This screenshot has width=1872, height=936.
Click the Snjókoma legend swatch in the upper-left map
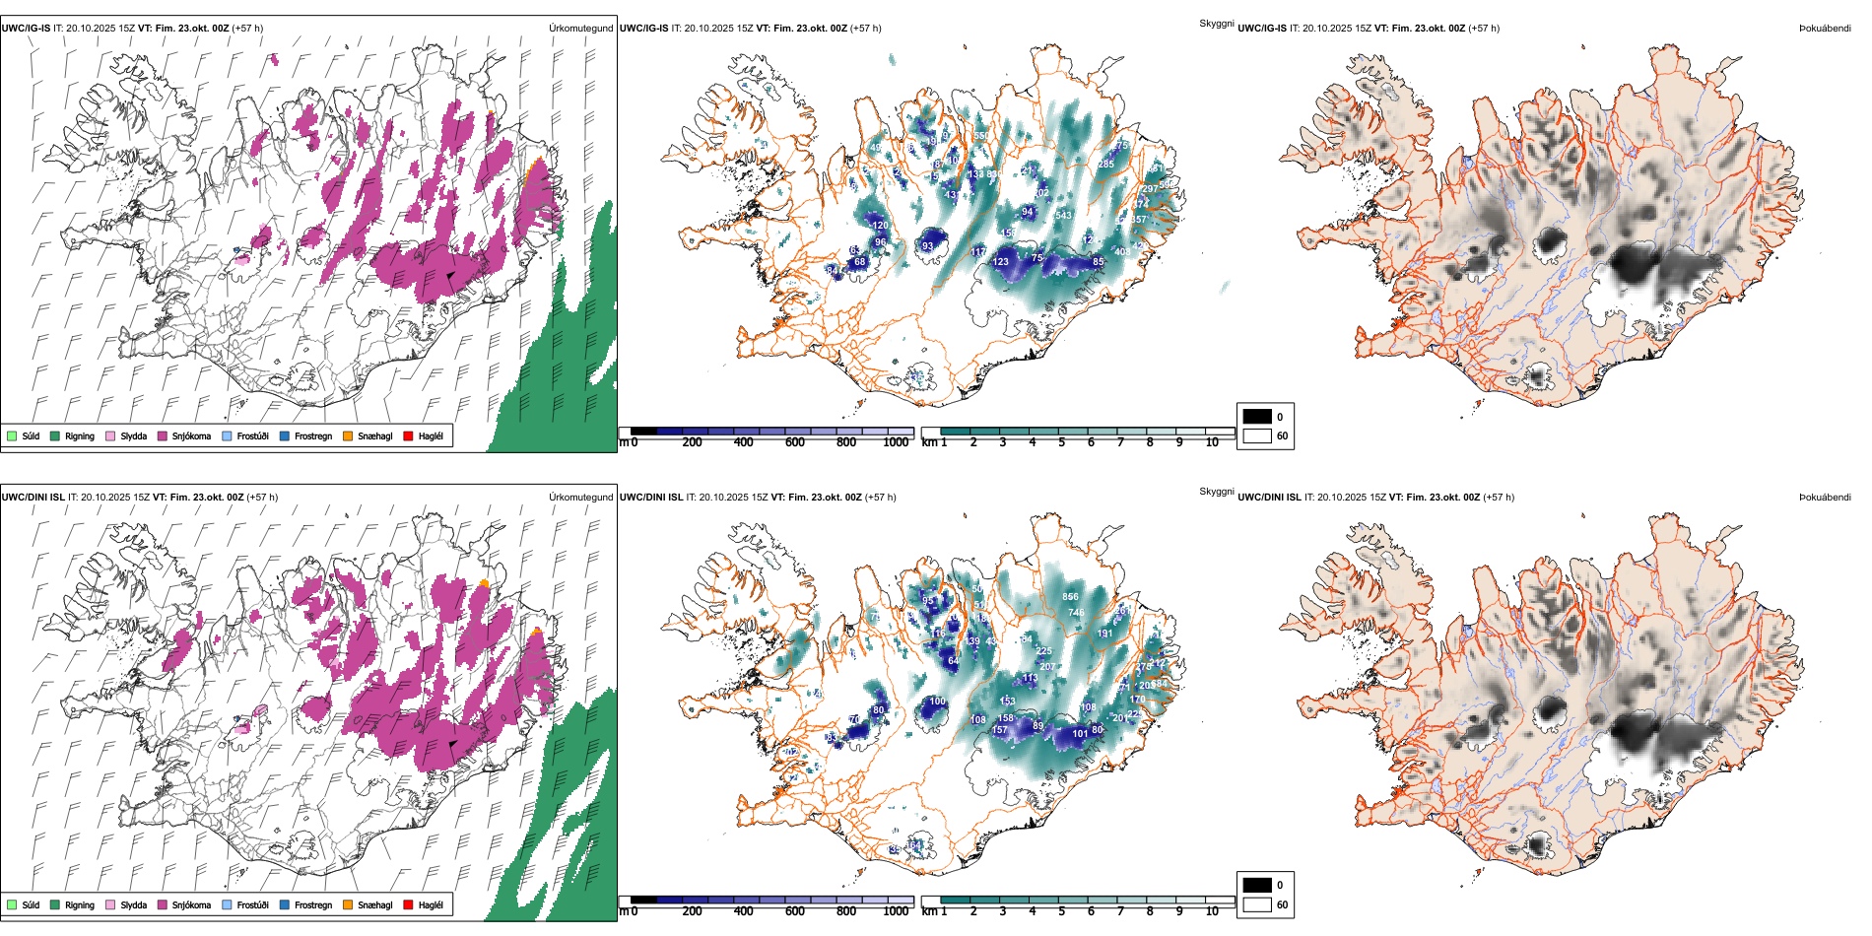[163, 435]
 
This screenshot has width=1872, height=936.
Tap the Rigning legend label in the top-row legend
[80, 435]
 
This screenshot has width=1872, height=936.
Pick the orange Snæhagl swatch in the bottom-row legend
[348, 904]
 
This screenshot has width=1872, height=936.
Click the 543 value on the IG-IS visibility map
[1063, 215]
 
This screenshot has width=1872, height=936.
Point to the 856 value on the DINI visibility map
[1070, 596]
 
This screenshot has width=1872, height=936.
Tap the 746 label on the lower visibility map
[1076, 612]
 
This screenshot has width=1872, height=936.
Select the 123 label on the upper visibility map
[1000, 261]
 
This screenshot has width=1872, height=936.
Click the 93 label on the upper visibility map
[927, 246]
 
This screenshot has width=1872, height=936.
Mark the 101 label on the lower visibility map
[1080, 733]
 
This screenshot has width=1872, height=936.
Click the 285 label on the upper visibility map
[1106, 165]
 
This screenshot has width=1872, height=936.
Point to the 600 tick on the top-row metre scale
[794, 442]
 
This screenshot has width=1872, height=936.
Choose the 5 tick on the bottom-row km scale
[1061, 911]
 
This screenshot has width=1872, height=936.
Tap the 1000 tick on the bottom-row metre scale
[896, 911]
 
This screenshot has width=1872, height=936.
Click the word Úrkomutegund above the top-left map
[580, 29]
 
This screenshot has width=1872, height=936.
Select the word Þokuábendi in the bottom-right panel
[1825, 498]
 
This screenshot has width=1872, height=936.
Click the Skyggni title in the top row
[1216, 23]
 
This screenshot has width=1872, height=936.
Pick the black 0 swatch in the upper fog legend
[1257, 416]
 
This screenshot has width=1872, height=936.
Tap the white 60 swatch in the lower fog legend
[1257, 904]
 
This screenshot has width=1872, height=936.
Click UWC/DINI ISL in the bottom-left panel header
[33, 498]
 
